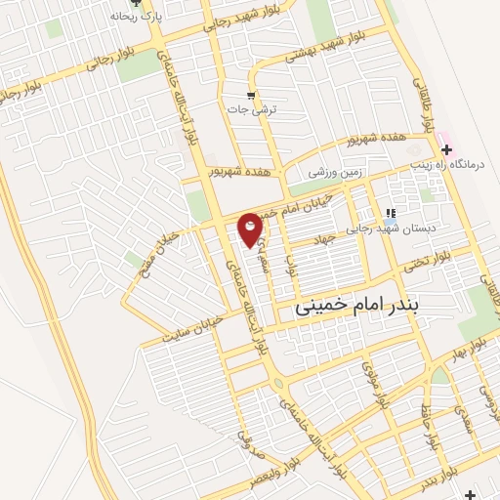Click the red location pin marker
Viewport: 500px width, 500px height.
tap(251, 229)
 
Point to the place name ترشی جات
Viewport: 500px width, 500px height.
tap(252, 109)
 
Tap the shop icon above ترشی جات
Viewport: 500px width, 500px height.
tap(252, 95)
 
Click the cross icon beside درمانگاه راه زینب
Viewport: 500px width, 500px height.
tap(447, 148)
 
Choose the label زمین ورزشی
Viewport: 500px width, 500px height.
tap(337, 171)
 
